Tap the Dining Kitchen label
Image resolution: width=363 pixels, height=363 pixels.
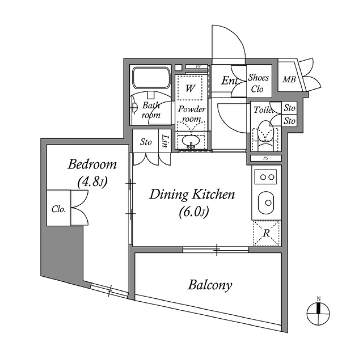(x=192, y=195)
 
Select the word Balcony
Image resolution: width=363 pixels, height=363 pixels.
(x=210, y=285)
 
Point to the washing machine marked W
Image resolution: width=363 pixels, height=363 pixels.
(x=191, y=88)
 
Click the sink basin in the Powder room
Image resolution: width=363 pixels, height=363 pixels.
(x=191, y=141)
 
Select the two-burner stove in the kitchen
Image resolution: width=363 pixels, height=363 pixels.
(x=265, y=177)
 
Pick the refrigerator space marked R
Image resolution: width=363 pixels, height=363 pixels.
(x=266, y=233)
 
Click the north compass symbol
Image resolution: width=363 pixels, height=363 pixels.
(x=318, y=312)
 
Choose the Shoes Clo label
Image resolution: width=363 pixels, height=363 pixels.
(x=258, y=83)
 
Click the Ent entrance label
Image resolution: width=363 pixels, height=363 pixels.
(x=229, y=81)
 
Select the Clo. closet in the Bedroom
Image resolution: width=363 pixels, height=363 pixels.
(x=59, y=208)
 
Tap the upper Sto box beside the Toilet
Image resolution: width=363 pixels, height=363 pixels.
(x=289, y=108)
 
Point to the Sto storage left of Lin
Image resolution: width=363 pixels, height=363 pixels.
(x=146, y=142)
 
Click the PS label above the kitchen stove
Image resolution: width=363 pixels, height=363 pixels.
(x=265, y=158)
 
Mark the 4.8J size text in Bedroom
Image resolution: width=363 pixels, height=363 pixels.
(x=92, y=183)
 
